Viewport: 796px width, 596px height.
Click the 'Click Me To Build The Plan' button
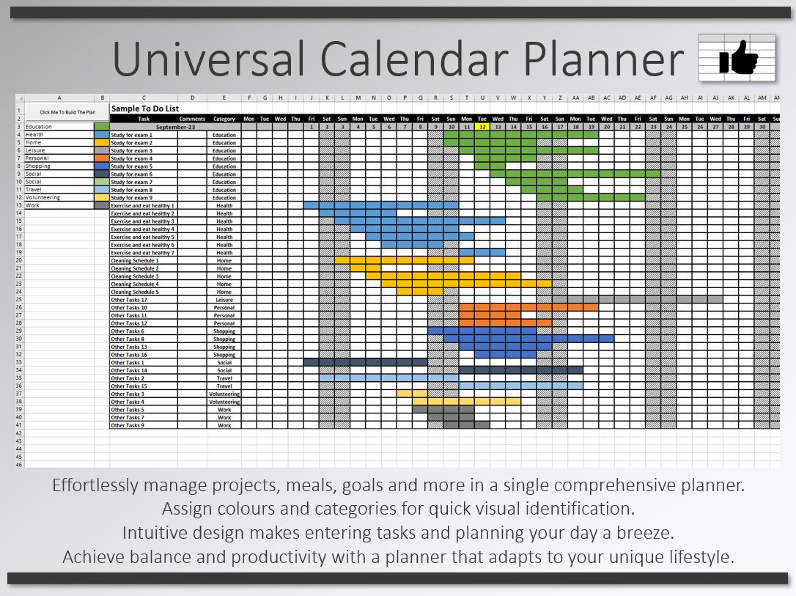tap(67, 112)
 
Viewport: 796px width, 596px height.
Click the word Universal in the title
tap(210, 59)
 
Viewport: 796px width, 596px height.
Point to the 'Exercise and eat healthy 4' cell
tap(142, 229)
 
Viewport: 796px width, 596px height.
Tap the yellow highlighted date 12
tap(482, 127)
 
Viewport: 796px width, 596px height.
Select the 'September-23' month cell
tap(175, 127)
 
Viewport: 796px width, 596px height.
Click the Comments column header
tap(192, 119)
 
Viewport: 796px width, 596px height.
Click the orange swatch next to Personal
tap(101, 158)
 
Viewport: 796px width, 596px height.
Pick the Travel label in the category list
tap(34, 190)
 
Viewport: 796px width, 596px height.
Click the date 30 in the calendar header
tap(762, 127)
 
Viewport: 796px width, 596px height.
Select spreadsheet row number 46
tap(19, 465)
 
